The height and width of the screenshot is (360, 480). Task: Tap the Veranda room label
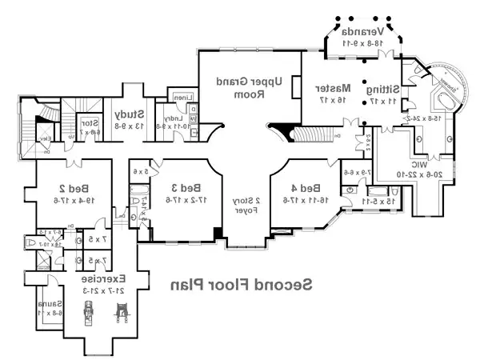coord(364,32)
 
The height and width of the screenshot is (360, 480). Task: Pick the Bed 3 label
coord(190,188)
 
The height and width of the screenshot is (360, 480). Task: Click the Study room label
coord(127,114)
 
